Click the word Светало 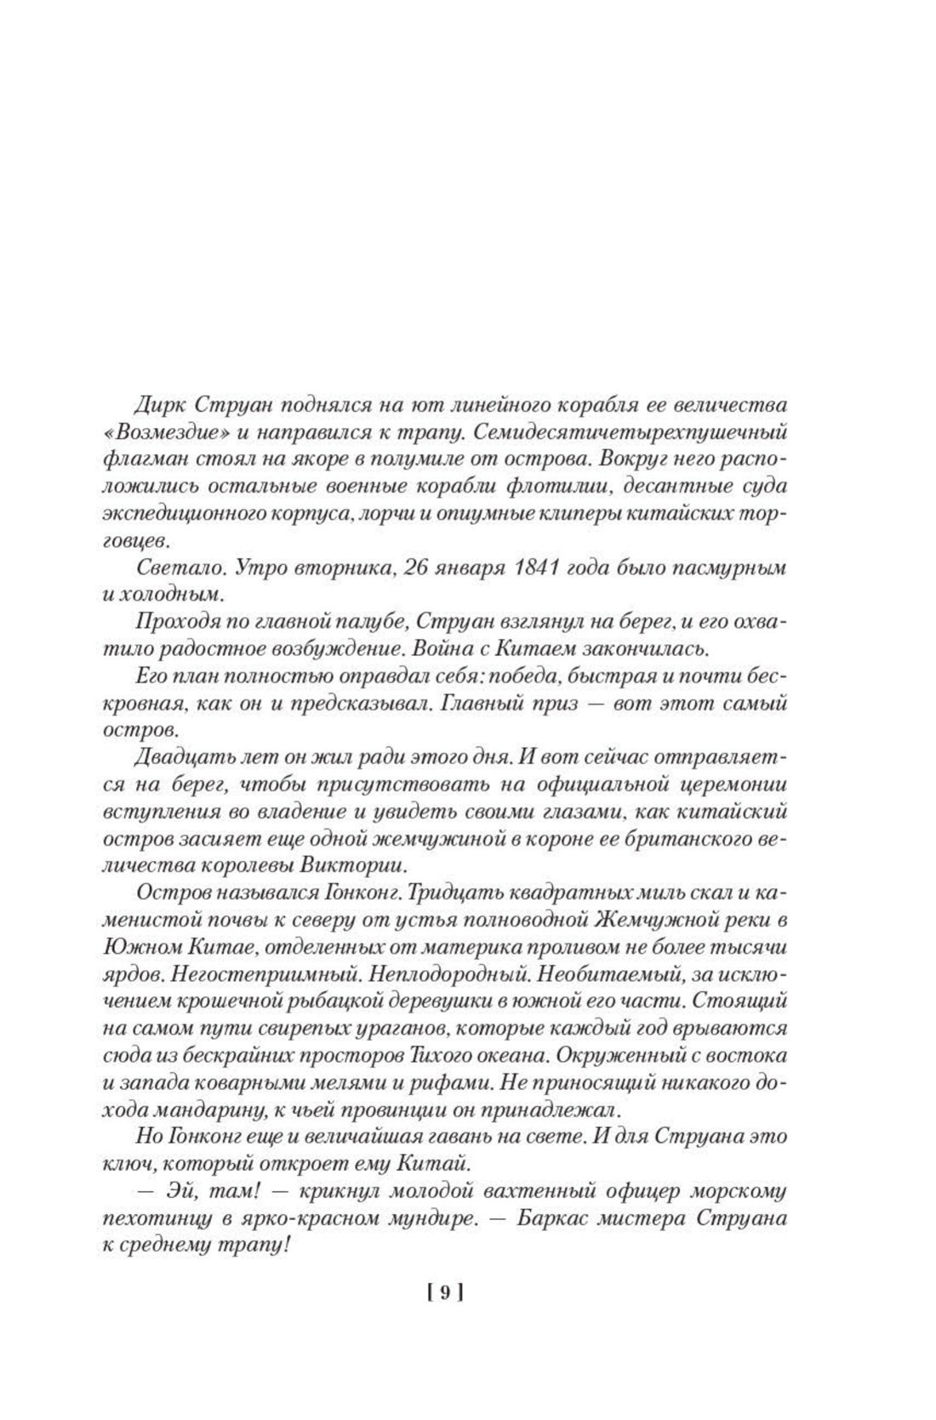pyautogui.click(x=167, y=567)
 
